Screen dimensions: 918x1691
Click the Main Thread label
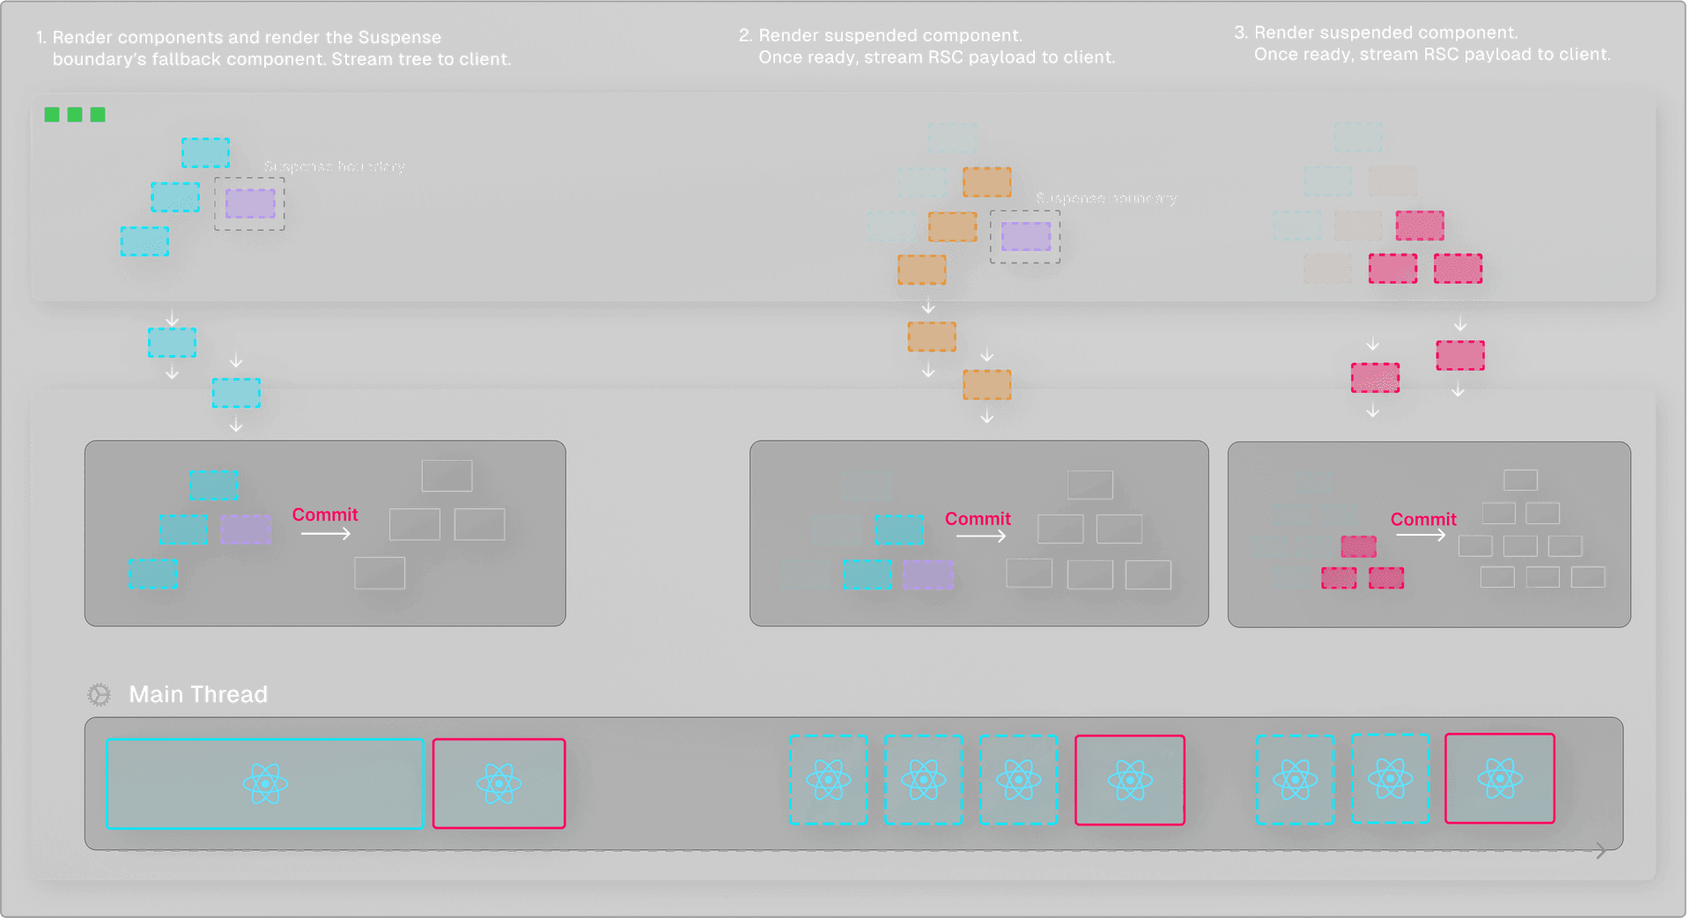pyautogui.click(x=198, y=694)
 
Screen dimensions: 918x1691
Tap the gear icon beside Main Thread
pyautogui.click(x=100, y=695)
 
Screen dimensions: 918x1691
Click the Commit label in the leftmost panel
pyautogui.click(x=325, y=515)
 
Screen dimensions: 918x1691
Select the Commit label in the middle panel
pyautogui.click(x=978, y=519)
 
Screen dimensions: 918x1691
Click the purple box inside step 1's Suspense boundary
pyautogui.click(x=250, y=204)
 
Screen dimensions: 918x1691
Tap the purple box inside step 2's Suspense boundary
pyautogui.click(x=1026, y=236)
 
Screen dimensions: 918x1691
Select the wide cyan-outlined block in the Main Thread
pyautogui.click(x=264, y=783)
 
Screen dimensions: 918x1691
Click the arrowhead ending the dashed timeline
pyautogui.click(x=1601, y=850)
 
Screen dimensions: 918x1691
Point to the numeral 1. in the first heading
pyautogui.click(x=41, y=38)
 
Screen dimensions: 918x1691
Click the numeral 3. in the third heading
pyautogui.click(x=1240, y=33)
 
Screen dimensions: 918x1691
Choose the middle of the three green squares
pyautogui.click(x=75, y=115)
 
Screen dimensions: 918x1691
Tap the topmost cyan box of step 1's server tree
pyautogui.click(x=205, y=152)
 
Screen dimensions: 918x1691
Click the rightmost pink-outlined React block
pyautogui.click(x=1500, y=779)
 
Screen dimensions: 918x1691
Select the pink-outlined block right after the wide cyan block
pyautogui.click(x=498, y=783)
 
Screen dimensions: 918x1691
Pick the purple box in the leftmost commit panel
pyautogui.click(x=246, y=529)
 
